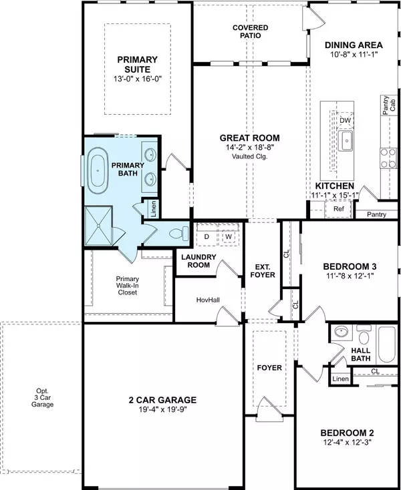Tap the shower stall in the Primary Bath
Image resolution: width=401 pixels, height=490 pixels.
click(x=99, y=226)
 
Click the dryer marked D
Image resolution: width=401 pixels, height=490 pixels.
click(x=207, y=236)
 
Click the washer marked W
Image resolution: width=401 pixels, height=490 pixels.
click(x=228, y=236)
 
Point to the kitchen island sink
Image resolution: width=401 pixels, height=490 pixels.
click(x=346, y=141)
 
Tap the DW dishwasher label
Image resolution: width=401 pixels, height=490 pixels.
click(x=346, y=121)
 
